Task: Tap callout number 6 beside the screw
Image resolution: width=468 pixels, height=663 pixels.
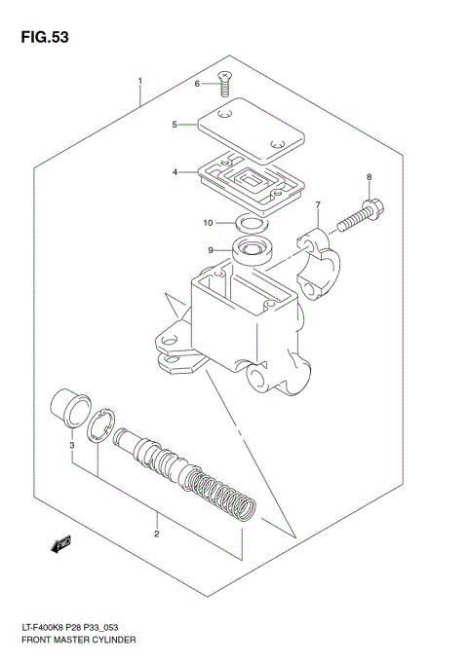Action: point(197,85)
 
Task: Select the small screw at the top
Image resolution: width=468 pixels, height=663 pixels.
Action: point(225,85)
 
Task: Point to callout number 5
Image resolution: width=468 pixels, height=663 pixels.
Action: point(175,125)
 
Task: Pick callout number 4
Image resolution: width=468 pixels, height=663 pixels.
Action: point(175,172)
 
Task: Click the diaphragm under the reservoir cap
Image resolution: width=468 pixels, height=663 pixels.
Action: point(249,181)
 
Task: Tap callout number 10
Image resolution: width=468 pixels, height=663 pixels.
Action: point(207,223)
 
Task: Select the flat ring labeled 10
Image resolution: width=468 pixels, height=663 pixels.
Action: point(252,226)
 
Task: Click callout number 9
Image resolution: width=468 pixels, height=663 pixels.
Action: point(209,250)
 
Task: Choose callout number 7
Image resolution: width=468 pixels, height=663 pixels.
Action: point(317,205)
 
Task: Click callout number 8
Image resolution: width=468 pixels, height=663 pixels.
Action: point(369,176)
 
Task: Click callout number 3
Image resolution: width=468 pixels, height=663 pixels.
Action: point(71,446)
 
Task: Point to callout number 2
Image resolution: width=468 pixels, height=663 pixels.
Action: point(155,534)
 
